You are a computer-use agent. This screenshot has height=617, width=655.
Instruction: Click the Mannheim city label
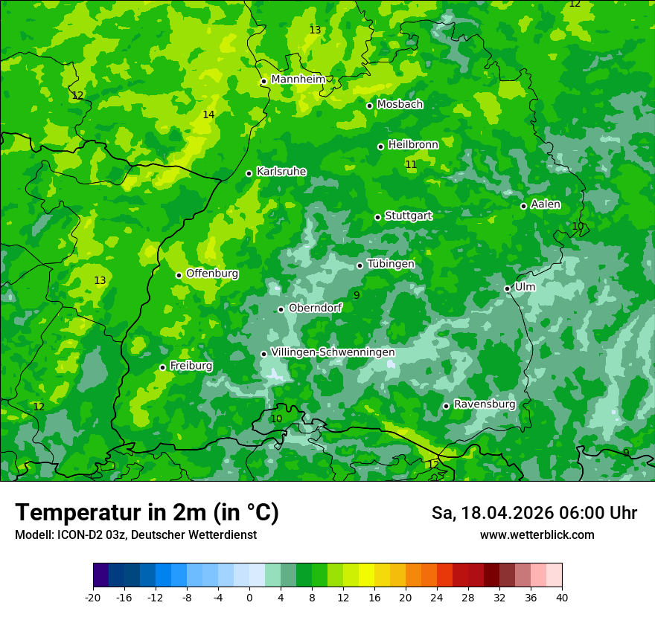click(298, 80)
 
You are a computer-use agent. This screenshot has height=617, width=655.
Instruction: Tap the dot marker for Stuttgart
click(378, 217)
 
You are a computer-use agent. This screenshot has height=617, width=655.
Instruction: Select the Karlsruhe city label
click(281, 172)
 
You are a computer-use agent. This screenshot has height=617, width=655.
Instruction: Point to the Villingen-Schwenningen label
click(333, 352)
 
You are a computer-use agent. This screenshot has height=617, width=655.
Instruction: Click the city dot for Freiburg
click(162, 367)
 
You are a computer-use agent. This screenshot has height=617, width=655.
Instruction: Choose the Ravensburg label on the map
click(485, 404)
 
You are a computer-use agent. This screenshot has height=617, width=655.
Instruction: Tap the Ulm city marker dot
click(508, 288)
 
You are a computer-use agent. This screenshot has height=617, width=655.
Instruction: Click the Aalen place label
click(546, 204)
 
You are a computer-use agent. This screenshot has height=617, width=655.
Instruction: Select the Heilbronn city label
click(413, 145)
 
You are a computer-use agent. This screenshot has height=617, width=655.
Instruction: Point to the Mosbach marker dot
click(370, 106)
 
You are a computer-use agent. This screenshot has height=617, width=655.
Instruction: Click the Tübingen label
click(391, 264)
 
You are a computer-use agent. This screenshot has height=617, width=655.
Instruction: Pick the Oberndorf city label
click(316, 308)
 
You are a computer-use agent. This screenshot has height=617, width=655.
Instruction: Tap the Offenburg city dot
click(179, 275)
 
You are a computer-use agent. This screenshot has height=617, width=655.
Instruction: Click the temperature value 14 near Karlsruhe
click(208, 114)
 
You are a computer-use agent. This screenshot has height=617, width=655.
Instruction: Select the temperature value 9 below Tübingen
click(357, 295)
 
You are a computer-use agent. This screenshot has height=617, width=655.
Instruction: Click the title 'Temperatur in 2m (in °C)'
click(147, 513)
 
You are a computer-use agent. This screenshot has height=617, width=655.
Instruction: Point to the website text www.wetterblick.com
click(537, 535)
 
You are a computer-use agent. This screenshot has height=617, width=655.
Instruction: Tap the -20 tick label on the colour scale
click(93, 598)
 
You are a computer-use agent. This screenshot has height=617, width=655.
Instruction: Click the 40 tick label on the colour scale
click(561, 598)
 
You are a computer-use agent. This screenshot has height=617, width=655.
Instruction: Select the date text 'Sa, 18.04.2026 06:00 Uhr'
click(534, 513)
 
